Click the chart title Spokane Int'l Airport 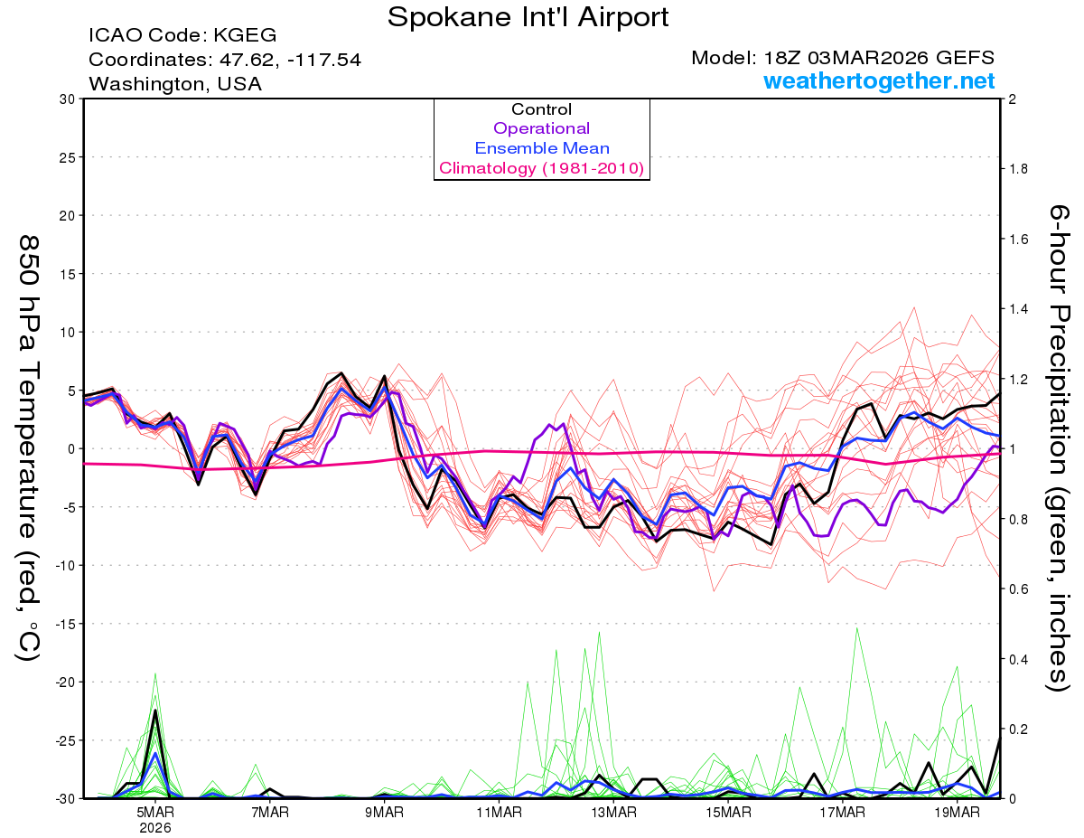click(x=528, y=16)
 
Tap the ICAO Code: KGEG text click(x=182, y=36)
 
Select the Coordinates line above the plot click(x=225, y=60)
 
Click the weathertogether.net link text click(x=879, y=81)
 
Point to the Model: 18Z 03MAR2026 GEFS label click(x=843, y=58)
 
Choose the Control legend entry click(x=541, y=109)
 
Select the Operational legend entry click(x=541, y=129)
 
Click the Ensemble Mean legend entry click(x=541, y=148)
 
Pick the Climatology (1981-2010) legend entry click(x=541, y=168)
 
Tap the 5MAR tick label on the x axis click(x=156, y=812)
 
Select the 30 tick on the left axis click(x=65, y=99)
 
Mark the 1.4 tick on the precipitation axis click(x=1020, y=309)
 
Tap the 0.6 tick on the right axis click(x=1020, y=589)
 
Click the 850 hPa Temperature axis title click(x=28, y=447)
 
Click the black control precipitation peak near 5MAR click(x=155, y=711)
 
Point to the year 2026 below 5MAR click(x=156, y=827)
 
